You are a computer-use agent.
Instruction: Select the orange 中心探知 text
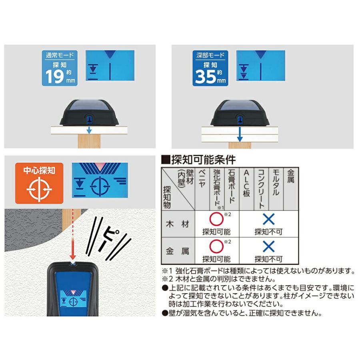tap(39, 171)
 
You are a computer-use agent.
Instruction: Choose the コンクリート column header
tap(261, 188)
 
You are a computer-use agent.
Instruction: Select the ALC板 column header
tap(246, 182)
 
